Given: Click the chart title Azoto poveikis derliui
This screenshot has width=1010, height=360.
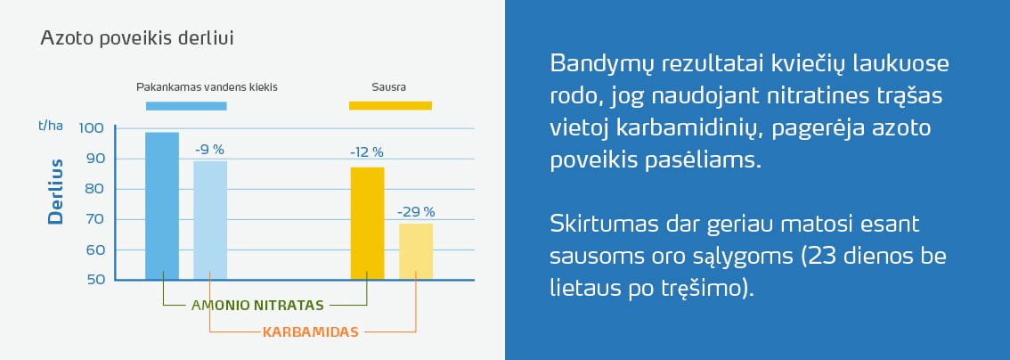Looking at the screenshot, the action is pyautogui.click(x=136, y=38).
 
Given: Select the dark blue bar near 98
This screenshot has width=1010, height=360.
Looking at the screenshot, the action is pyautogui.click(x=162, y=206).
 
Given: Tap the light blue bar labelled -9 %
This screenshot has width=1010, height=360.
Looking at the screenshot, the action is pyautogui.click(x=210, y=220).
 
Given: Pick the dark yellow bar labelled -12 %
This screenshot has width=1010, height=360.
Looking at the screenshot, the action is pyautogui.click(x=367, y=224).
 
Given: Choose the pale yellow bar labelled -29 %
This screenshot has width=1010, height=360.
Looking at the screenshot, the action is pyautogui.click(x=416, y=252).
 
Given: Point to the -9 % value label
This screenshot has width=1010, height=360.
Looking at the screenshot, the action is pyautogui.click(x=209, y=150).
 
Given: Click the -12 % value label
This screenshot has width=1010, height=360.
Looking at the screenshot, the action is pyautogui.click(x=367, y=152).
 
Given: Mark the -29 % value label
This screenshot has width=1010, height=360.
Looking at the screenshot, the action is pyautogui.click(x=416, y=211).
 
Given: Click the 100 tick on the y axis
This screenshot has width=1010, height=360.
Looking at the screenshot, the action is pyautogui.click(x=91, y=127).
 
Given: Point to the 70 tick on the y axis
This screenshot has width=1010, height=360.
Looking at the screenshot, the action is pyautogui.click(x=94, y=219).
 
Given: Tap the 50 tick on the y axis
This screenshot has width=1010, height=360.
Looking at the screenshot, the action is pyautogui.click(x=94, y=280).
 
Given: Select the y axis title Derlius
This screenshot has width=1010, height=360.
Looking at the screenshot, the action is pyautogui.click(x=57, y=192).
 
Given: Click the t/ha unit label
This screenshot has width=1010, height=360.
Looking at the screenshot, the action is pyautogui.click(x=51, y=125).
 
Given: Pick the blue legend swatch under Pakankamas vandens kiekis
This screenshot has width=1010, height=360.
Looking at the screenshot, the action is pyautogui.click(x=186, y=106).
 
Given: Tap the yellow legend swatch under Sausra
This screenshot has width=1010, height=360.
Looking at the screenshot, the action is pyautogui.click(x=390, y=106).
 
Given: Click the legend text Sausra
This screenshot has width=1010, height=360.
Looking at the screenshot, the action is pyautogui.click(x=388, y=87).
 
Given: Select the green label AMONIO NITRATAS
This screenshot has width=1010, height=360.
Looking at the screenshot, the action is pyautogui.click(x=257, y=305).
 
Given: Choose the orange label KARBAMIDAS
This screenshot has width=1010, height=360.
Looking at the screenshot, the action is pyautogui.click(x=311, y=331).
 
